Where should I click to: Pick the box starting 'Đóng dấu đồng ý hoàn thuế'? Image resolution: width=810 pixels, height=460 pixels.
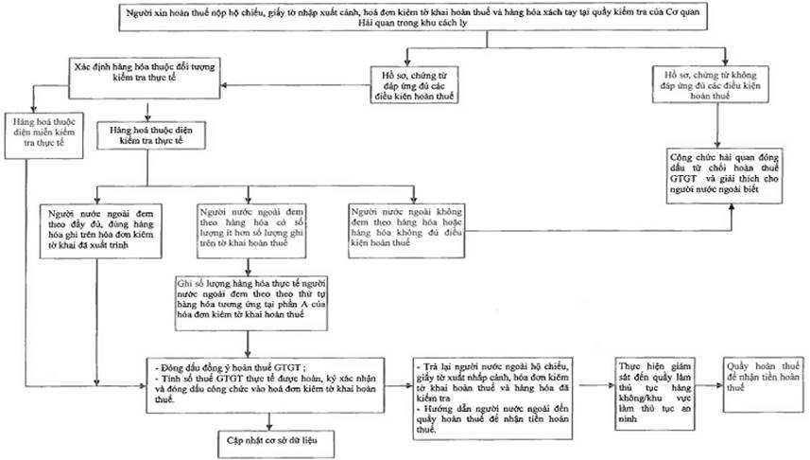pyautogui.click(x=268, y=384)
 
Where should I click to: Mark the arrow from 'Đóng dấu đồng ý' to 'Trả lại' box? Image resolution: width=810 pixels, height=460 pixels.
pyautogui.click(x=400, y=385)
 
